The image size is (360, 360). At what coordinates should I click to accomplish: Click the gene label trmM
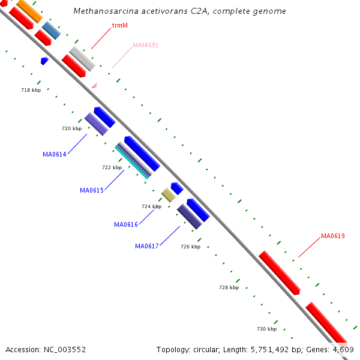(120, 26)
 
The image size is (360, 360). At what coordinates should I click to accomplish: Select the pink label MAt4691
(145, 45)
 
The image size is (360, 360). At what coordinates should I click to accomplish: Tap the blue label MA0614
(54, 154)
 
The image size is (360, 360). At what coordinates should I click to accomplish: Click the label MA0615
(92, 190)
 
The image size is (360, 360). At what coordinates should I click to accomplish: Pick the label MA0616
(126, 224)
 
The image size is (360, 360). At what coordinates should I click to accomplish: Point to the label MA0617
(147, 246)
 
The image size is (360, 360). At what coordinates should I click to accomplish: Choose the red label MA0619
(333, 236)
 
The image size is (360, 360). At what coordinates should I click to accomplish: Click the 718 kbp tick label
(31, 90)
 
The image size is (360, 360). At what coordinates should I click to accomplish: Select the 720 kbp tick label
(71, 128)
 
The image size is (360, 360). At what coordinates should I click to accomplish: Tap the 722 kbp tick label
(112, 167)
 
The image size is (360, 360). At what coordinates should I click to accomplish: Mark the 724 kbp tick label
(151, 206)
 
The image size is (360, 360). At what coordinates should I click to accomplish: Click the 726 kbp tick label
(190, 247)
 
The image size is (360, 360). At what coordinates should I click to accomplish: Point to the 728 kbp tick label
(229, 287)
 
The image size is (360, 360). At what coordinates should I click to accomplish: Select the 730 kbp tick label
(266, 329)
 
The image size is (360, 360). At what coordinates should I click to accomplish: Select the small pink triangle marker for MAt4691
(94, 86)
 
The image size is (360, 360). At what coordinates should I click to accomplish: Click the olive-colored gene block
(169, 195)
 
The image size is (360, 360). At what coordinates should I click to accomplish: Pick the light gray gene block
(82, 59)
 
